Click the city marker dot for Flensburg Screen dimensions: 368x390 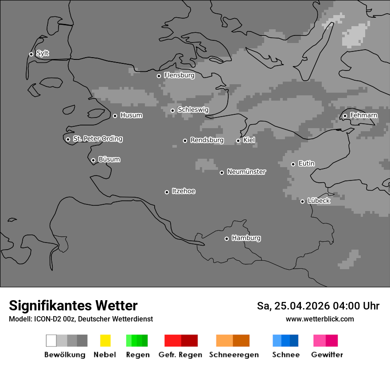coord(159,76)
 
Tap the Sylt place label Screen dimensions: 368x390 coord(43,53)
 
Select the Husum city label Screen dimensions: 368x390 coord(131,115)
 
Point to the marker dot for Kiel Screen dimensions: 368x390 coord(238,141)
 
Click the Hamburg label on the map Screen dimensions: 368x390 coord(246,238)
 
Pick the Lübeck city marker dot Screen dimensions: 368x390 coord(302,201)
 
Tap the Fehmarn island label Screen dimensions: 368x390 coord(363,115)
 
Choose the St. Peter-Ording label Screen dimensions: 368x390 coord(97,139)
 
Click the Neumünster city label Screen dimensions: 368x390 coord(246,172)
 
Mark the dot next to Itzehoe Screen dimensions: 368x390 coord(167,192)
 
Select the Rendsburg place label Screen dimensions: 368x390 coord(207,140)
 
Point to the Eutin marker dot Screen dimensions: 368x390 coord(293,164)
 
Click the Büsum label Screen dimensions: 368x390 coord(109,159)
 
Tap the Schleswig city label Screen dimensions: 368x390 coord(193,110)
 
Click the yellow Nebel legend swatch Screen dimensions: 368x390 coord(105,341)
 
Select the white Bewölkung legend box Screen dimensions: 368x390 coord(51,341)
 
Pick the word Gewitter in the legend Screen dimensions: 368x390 coord(327,355)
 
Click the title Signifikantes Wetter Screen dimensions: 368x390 coord(73,305)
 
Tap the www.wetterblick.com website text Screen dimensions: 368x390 coord(320,319)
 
